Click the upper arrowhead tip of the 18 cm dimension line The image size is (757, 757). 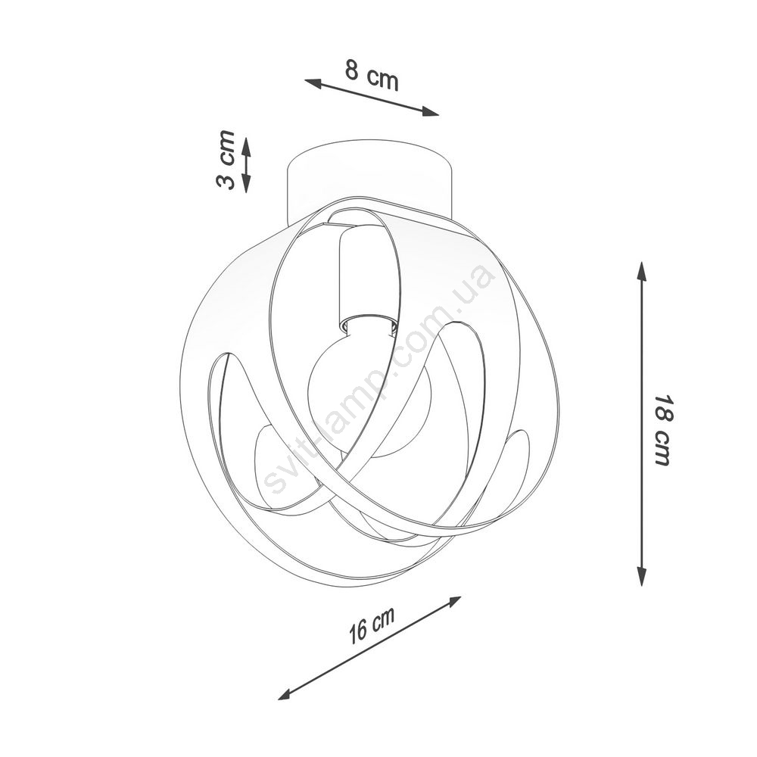pos(642,262)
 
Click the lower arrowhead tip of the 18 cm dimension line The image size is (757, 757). pos(642,586)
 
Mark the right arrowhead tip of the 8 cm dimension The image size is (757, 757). pos(439,115)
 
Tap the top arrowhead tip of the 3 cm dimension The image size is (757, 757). pos(246,137)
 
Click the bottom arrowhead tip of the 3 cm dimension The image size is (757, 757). pos(246,192)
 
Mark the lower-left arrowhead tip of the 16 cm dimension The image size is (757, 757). pos(279,699)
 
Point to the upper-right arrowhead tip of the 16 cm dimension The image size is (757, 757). pos(461,597)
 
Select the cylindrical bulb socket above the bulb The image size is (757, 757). pos(367,280)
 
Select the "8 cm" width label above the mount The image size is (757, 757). pos(372,76)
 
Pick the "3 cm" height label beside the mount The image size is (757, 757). pos(226,159)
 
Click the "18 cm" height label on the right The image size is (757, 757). pos(662,431)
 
